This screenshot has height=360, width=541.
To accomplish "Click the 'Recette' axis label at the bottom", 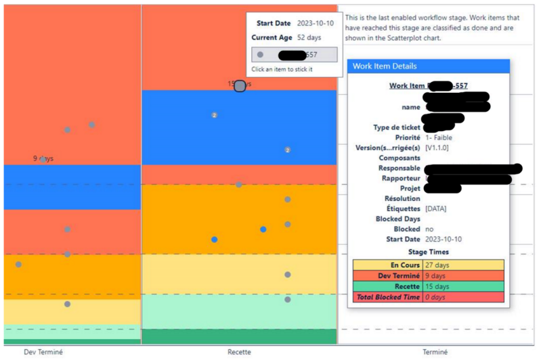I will (239, 352).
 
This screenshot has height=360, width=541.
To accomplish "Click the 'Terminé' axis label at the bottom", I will (435, 352).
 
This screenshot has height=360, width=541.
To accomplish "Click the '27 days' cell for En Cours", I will (439, 265).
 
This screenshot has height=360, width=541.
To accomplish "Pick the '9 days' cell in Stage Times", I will (435, 276).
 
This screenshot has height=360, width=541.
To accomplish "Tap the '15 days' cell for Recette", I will (437, 286).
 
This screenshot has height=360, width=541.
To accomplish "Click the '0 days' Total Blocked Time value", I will (435, 297).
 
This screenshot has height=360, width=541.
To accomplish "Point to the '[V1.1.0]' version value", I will (437, 148).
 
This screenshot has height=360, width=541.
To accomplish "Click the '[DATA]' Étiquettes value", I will (436, 208).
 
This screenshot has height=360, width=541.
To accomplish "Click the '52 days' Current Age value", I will (309, 38).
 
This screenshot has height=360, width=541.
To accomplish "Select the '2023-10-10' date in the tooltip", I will (315, 23).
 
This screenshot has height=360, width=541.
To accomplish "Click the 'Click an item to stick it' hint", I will (282, 69).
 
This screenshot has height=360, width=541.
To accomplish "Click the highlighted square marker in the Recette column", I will (240, 86).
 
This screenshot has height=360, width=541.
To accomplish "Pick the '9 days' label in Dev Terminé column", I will (43, 159).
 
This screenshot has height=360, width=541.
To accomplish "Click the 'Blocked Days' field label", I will (398, 219).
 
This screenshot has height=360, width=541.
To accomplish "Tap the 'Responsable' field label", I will (401, 168).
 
